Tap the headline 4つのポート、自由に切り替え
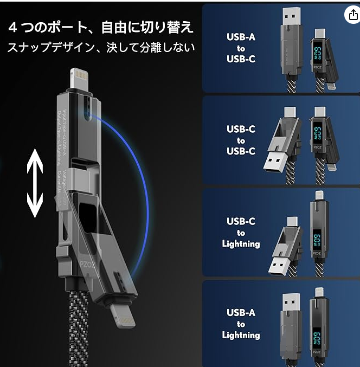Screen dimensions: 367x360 tap(101, 27)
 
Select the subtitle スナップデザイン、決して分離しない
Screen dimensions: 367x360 tap(101, 48)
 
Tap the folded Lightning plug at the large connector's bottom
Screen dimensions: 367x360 tap(122, 315)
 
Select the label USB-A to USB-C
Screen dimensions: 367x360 tap(240, 48)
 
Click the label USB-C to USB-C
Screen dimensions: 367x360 tap(240, 140)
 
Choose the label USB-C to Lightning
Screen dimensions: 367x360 tap(240, 233)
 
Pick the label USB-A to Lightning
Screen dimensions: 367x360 tap(240, 324)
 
